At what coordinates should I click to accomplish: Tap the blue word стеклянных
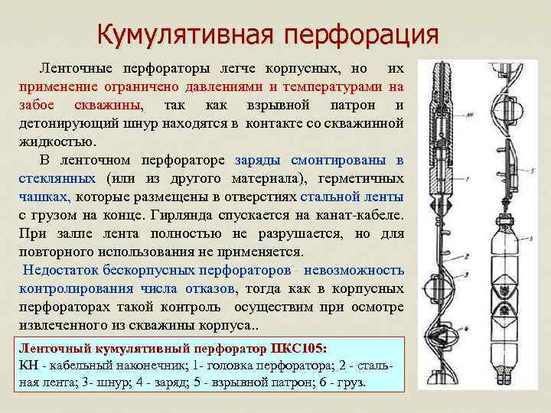click(57, 178)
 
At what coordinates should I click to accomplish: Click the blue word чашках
click(39, 197)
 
